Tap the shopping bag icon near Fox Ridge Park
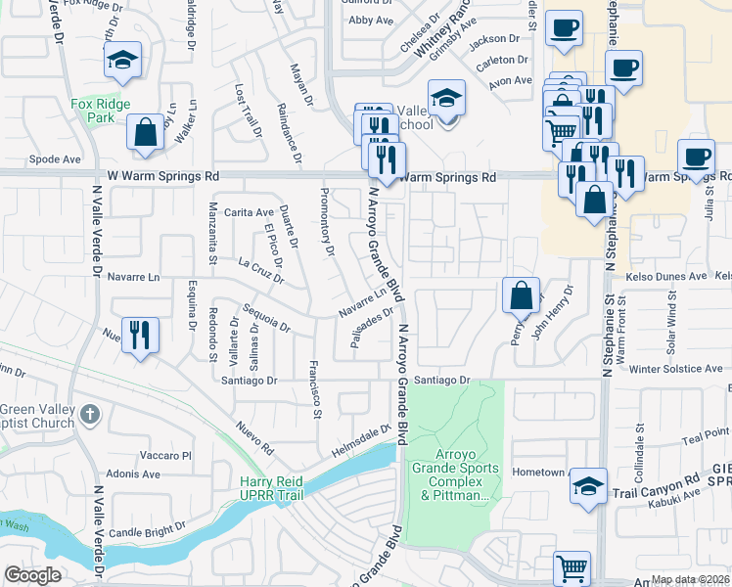(x=145, y=134)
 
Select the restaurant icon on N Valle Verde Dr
(x=139, y=336)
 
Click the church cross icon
(x=89, y=414)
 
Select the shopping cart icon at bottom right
(x=572, y=566)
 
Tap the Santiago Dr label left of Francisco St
(x=250, y=380)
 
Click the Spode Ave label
(x=55, y=158)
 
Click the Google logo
(x=33, y=575)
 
